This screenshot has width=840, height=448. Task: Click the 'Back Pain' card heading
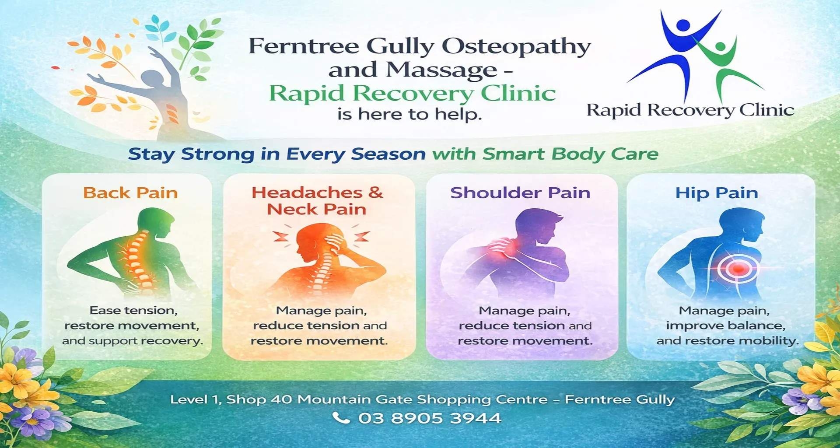pos(130,193)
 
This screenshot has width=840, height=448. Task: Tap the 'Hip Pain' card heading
pos(717,193)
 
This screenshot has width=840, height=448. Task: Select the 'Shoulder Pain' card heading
pos(520,193)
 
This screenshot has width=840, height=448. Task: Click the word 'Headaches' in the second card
pos(307,192)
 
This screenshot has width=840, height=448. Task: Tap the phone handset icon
pos(341,418)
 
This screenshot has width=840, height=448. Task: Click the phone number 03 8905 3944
pos(430,418)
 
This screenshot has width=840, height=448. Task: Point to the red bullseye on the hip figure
pos(738,268)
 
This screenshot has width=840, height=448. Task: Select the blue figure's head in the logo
pos(682,26)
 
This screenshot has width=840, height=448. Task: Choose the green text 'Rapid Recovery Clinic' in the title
pos(412,93)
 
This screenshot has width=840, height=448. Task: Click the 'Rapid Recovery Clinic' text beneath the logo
pos(690,110)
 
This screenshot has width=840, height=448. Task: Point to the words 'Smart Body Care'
pos(570,154)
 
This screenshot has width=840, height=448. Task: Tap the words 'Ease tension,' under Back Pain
pos(133,311)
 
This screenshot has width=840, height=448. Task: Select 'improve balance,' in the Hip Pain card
pos(726,325)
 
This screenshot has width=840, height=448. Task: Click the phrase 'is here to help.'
pos(409,114)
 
